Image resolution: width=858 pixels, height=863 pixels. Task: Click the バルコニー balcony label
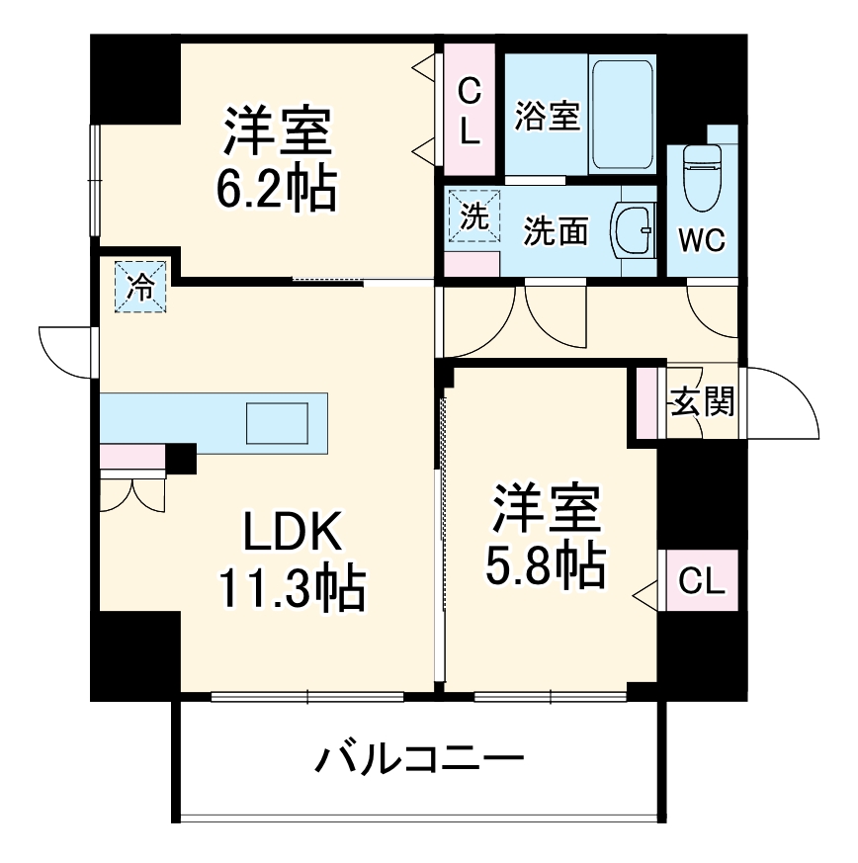[418, 761]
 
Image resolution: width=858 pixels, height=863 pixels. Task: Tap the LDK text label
[294, 535]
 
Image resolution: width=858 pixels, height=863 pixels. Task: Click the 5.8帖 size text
[545, 563]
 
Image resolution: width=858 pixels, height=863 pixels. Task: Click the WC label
[701, 239]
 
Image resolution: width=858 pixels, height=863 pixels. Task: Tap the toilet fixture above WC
[702, 178]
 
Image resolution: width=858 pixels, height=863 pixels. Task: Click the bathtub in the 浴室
[622, 114]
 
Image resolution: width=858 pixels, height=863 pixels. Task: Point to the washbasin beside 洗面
[632, 231]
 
